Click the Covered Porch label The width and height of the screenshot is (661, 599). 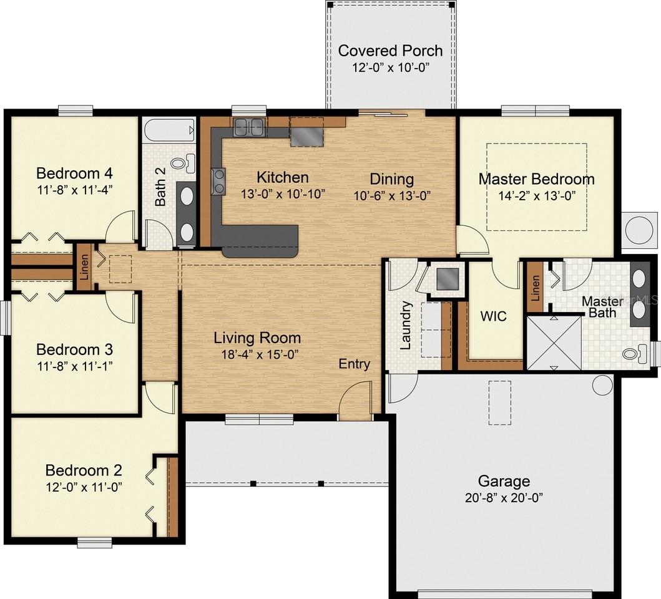(x=390, y=50)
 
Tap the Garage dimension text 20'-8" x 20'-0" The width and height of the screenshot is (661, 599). (x=504, y=498)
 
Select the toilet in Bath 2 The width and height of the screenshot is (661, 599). (x=179, y=163)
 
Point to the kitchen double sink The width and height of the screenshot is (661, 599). (x=249, y=127)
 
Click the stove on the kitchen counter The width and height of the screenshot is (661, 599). (x=217, y=182)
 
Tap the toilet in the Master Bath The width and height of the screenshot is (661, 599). (x=632, y=354)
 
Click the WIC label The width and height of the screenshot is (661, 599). (x=493, y=316)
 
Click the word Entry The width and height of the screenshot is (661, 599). (x=355, y=364)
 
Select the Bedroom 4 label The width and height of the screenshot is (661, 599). (x=74, y=173)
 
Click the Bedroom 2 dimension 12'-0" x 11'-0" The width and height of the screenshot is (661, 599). (x=83, y=486)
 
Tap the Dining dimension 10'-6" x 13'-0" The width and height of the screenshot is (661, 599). (x=391, y=195)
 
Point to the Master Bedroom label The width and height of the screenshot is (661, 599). (x=536, y=179)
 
